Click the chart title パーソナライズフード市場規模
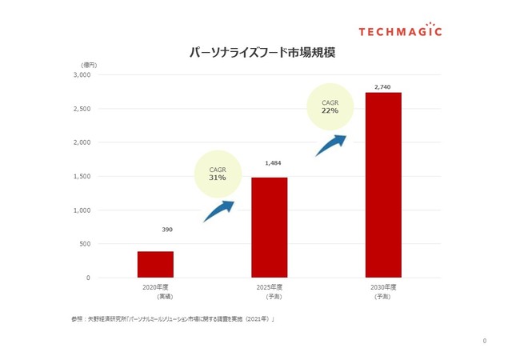click(x=262, y=53)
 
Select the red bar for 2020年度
click(x=155, y=264)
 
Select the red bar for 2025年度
click(x=269, y=227)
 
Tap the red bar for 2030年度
click(x=383, y=185)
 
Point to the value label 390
click(x=167, y=230)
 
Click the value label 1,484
click(x=273, y=163)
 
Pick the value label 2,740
click(x=383, y=86)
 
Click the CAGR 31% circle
click(x=218, y=174)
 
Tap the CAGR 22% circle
click(x=330, y=106)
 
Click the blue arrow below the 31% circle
click(x=218, y=210)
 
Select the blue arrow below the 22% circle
click(x=330, y=145)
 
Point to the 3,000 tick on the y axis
click(x=82, y=74)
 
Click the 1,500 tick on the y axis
click(x=82, y=176)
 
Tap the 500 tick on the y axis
click(x=84, y=244)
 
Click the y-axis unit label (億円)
click(x=89, y=64)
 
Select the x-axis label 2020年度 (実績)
click(x=155, y=291)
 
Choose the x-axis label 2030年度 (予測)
click(x=383, y=291)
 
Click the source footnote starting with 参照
click(x=172, y=320)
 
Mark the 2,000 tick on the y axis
click(x=82, y=142)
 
